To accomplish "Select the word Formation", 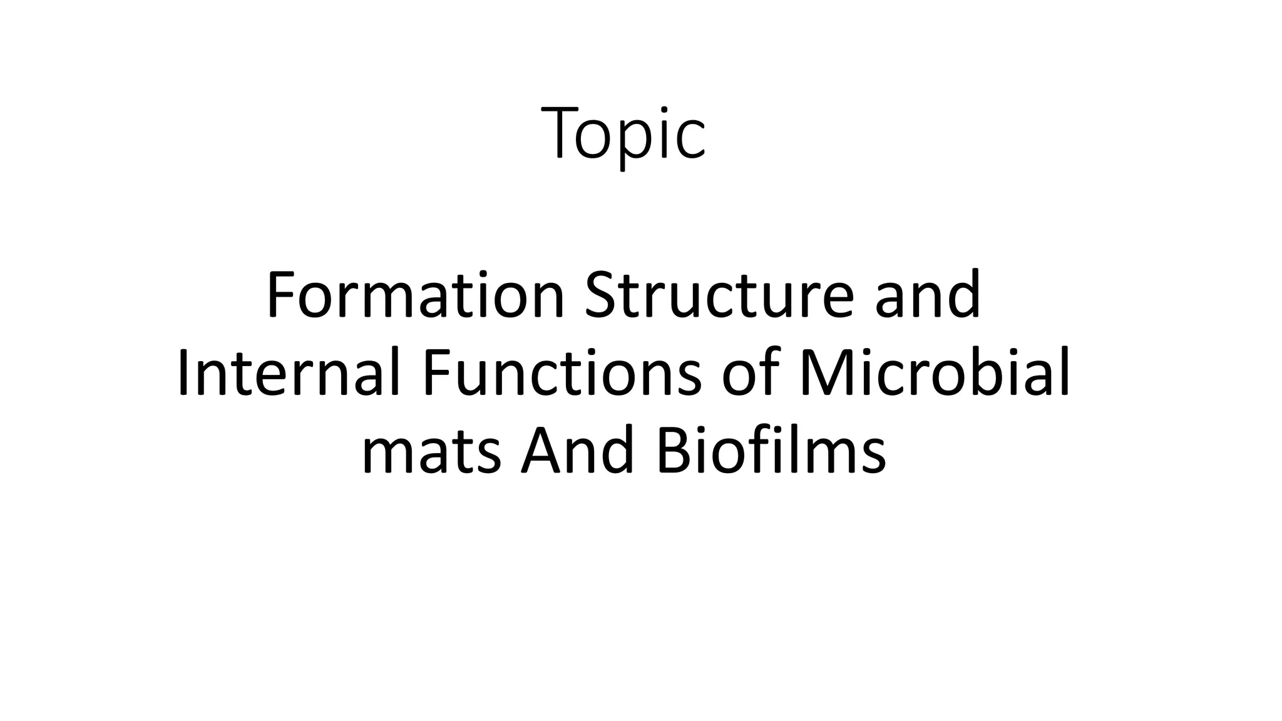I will tap(416, 295).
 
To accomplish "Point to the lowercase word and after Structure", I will tap(928, 295).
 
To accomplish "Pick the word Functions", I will tap(562, 374).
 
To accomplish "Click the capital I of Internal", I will tap(183, 374).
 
